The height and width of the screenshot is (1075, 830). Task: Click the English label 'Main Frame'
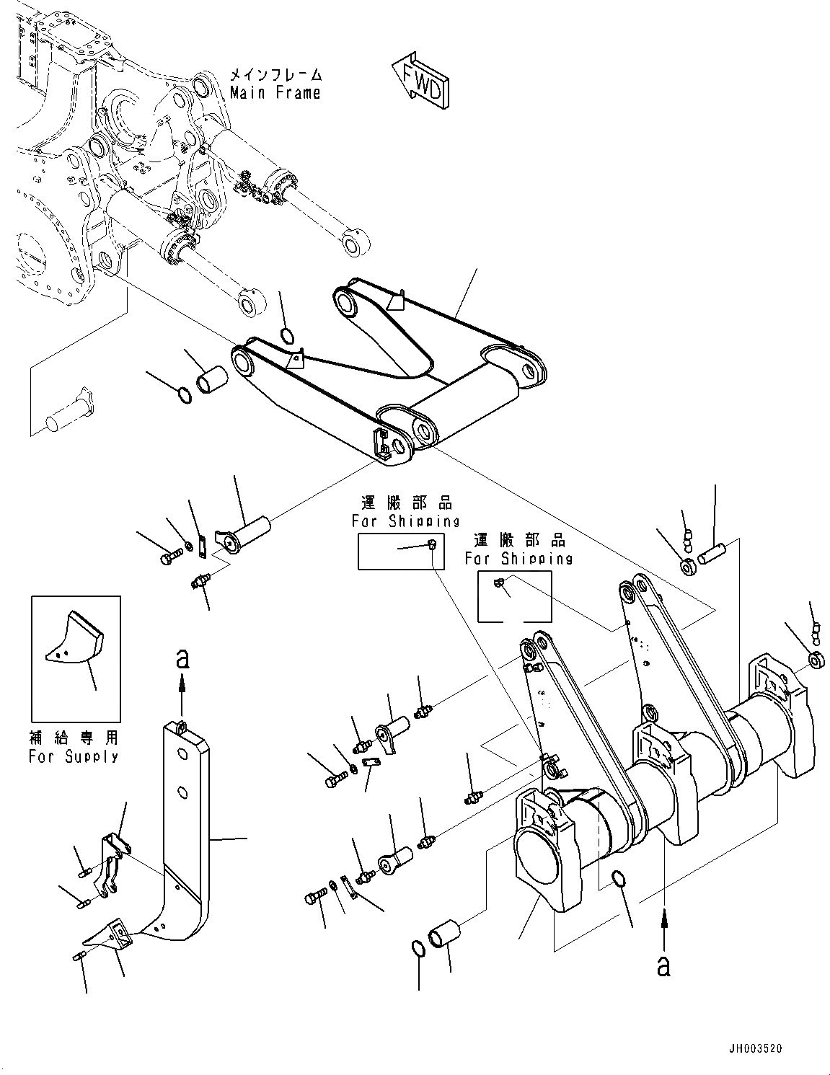click(x=275, y=93)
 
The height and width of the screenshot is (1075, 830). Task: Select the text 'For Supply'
click(x=74, y=756)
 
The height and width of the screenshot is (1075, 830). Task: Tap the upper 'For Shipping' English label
click(x=405, y=521)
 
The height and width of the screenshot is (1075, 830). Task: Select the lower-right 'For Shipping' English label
click(x=518, y=558)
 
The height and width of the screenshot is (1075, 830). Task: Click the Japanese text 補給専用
click(x=74, y=738)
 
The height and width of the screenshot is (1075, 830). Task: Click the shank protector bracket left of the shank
click(x=112, y=862)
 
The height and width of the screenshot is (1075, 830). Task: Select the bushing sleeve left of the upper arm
click(x=211, y=379)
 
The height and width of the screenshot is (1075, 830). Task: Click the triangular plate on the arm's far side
click(x=394, y=299)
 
